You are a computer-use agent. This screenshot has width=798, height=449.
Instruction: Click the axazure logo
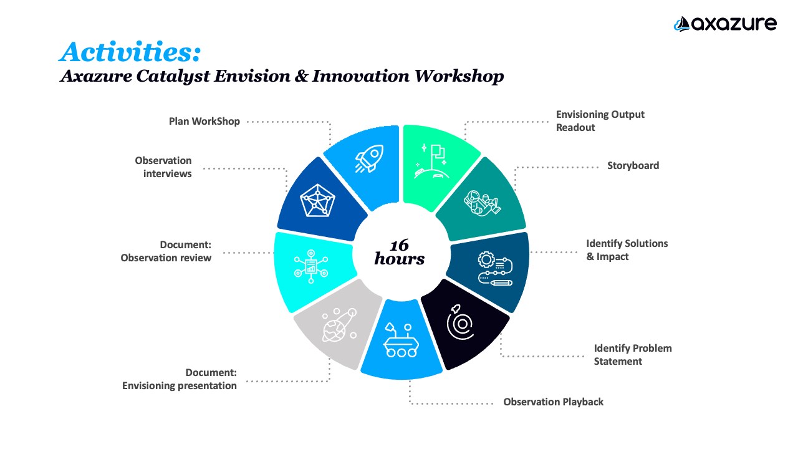coord(725,24)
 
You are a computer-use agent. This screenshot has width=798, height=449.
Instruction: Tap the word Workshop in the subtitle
coord(459,76)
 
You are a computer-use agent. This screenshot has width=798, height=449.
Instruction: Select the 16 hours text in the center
coord(400,253)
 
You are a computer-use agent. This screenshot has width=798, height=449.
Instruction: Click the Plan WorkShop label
coord(204,122)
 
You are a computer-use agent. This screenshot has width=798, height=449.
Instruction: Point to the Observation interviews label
coord(163,167)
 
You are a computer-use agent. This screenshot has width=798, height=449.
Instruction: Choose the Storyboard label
coord(633,166)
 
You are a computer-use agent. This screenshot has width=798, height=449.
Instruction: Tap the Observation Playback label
coord(553,402)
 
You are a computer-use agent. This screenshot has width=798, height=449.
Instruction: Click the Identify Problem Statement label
coord(633,355)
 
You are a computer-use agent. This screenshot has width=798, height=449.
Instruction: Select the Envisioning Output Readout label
coord(600,121)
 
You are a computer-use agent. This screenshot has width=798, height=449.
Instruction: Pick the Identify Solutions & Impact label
coord(627,250)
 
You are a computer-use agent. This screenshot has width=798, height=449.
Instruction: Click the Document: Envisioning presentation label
coord(179,379)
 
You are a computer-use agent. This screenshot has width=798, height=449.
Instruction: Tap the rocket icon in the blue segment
coord(370,158)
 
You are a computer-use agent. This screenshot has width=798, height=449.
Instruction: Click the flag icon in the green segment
coord(432,161)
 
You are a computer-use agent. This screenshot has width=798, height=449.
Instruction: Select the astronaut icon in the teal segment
coord(482,202)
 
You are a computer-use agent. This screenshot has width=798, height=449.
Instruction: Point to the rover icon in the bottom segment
coord(401,340)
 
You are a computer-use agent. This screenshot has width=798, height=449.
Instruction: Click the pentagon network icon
coord(317,201)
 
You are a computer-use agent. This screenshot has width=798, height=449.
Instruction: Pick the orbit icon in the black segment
coord(460,322)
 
